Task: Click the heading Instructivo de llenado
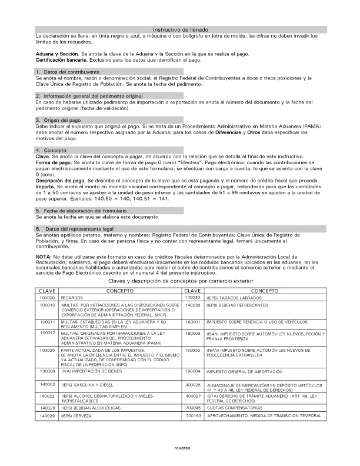click(180, 29)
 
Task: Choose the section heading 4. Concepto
click(51, 151)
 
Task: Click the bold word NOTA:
click(43, 257)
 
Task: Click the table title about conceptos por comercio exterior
click(180, 282)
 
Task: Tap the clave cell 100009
click(47, 298)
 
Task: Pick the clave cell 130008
click(47, 372)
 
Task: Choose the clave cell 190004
click(194, 372)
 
